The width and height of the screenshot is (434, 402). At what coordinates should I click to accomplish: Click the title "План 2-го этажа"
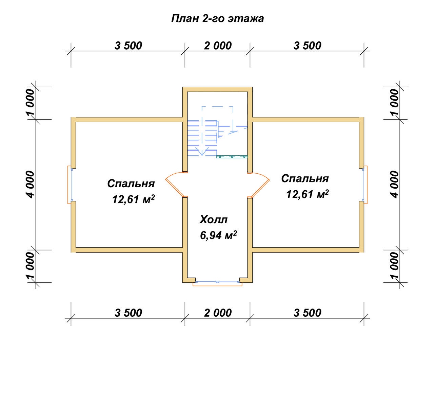(x=217, y=19)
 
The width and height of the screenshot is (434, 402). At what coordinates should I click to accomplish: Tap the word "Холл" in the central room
(x=214, y=220)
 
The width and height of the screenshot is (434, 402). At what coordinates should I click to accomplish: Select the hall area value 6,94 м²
(x=218, y=235)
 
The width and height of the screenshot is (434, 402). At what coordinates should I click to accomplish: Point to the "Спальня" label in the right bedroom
(x=305, y=179)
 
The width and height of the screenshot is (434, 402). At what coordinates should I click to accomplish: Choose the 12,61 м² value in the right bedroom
(x=307, y=194)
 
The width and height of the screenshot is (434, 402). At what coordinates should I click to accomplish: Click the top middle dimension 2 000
(x=218, y=46)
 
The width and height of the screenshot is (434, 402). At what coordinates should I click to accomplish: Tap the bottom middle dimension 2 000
(x=218, y=313)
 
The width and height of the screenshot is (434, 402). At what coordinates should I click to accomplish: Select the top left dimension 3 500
(x=128, y=46)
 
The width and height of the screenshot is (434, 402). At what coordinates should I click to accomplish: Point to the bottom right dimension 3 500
(x=307, y=313)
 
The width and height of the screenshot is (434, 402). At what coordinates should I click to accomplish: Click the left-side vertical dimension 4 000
(x=31, y=185)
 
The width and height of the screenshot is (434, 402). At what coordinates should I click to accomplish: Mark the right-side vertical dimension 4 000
(x=395, y=185)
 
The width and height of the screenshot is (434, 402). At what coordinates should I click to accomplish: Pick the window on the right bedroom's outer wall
(x=365, y=185)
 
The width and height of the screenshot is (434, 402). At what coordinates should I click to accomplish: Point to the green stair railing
(x=232, y=157)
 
